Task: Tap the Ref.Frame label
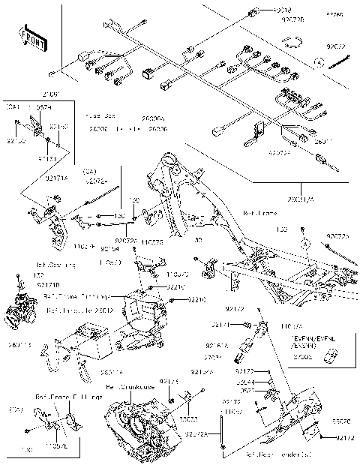(260, 213)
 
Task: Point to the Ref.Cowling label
(55, 265)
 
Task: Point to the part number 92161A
(215, 345)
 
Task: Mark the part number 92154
(110, 248)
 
